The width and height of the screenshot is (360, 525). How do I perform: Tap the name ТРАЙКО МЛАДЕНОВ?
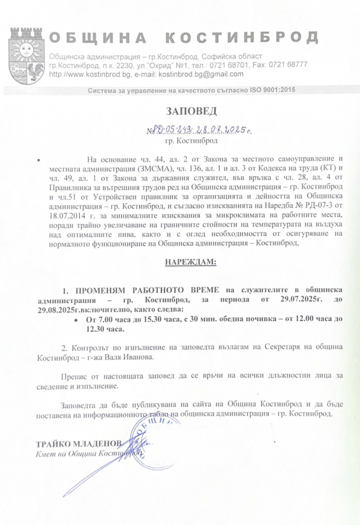tap(79, 443)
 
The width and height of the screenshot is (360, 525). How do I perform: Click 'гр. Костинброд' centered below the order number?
tap(187, 142)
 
